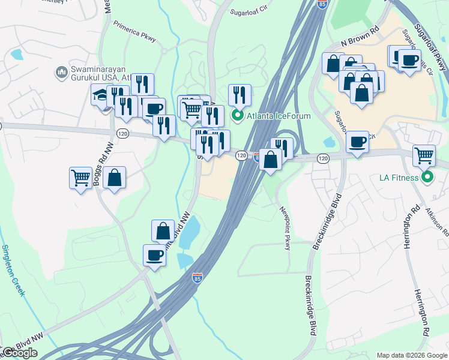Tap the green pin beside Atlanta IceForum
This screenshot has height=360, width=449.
(x=237, y=116)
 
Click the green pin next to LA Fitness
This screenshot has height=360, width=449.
(x=427, y=177)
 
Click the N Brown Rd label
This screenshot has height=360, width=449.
(x=360, y=37)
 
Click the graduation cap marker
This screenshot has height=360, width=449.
(x=100, y=95)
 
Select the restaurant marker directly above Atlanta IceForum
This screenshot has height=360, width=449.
(x=239, y=95)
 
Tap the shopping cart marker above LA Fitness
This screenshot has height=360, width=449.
(x=424, y=155)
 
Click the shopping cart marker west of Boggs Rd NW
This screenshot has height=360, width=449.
(x=80, y=177)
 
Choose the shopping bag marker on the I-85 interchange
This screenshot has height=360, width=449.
(x=271, y=160)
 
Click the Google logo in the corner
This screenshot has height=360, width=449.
(x=20, y=353)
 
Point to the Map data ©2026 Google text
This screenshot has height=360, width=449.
(x=412, y=355)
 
